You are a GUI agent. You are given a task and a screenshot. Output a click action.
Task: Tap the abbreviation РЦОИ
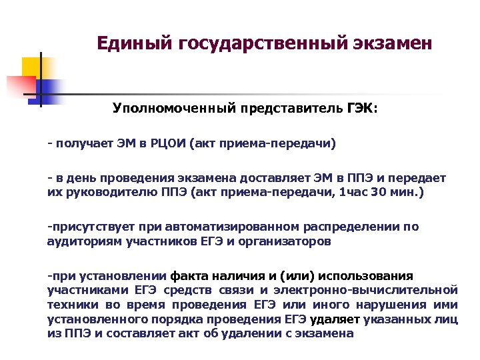point(164,143)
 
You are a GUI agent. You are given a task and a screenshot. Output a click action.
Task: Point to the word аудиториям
point(76,241)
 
